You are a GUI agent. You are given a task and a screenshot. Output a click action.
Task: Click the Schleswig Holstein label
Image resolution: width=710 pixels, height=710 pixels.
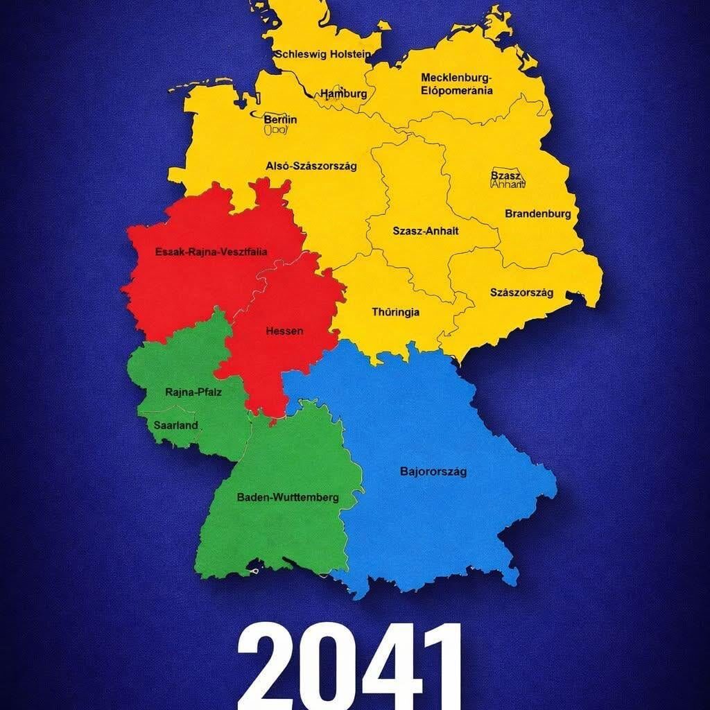323,54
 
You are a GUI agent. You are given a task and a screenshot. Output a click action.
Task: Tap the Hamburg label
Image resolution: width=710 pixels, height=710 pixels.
343,94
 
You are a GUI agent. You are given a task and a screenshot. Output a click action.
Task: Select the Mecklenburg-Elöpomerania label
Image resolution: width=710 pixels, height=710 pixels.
457,83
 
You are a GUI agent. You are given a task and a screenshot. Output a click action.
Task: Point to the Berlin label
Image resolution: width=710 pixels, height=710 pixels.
280,119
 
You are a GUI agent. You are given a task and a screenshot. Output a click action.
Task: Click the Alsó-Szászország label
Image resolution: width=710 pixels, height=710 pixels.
311,166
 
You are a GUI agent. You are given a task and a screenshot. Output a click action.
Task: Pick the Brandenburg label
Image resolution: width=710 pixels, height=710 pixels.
537,214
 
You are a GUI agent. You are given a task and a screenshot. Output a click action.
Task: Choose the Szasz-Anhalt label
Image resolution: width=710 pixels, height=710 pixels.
425,231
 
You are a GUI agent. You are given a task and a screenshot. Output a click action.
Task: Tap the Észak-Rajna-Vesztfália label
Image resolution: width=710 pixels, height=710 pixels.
211,252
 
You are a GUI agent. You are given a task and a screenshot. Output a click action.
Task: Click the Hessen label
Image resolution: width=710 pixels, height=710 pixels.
284,331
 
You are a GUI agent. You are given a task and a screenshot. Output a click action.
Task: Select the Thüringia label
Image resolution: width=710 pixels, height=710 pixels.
395,312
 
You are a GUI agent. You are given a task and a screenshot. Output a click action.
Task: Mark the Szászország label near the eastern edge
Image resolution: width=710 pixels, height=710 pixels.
521,293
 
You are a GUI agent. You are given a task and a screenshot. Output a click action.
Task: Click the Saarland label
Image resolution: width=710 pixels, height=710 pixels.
175,425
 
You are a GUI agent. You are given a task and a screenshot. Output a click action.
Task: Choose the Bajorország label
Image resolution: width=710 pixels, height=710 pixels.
433,471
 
